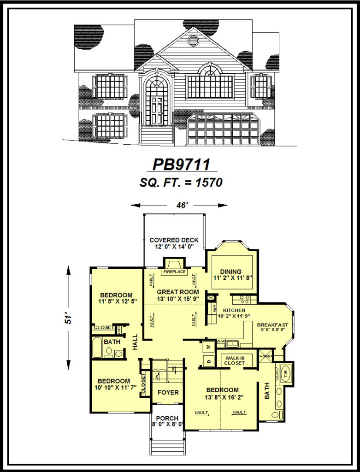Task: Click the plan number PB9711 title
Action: pos(181,164)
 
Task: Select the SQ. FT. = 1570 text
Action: pos(181,183)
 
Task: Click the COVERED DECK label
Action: pos(174,240)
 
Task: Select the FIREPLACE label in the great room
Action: pos(174,272)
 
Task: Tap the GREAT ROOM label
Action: pos(178,292)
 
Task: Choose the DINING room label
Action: pos(230,271)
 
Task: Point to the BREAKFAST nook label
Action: pos(272,325)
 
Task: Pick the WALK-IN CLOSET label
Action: pos(235,360)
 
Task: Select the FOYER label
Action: pos(168,393)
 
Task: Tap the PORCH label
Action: pos(167,418)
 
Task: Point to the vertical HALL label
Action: pos(135,342)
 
